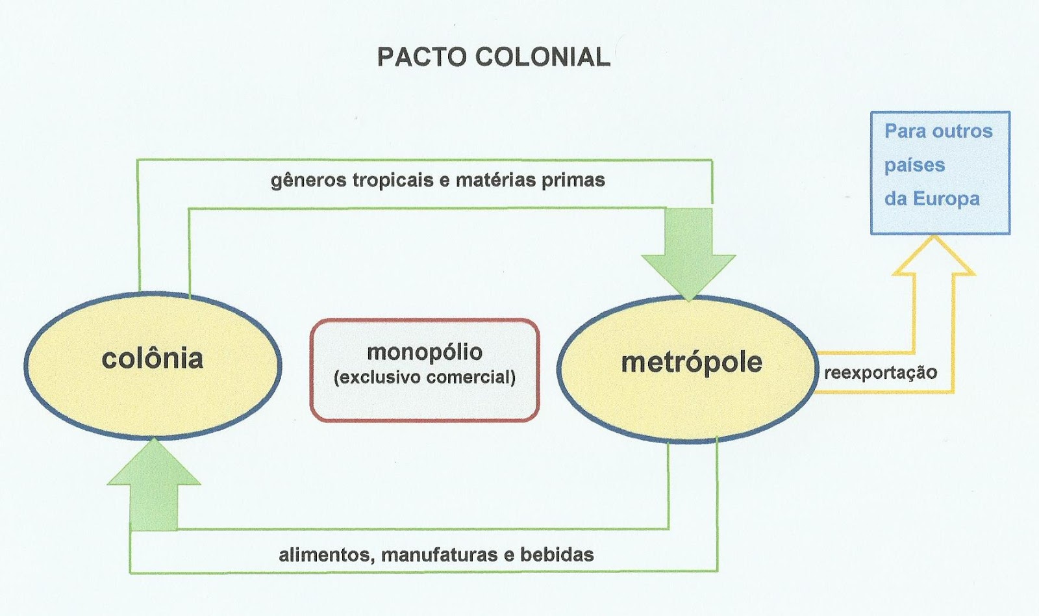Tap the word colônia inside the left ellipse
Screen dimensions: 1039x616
pos(153,359)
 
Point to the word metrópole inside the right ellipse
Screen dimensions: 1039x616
pos(692,363)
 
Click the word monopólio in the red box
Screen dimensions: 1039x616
pos(425,352)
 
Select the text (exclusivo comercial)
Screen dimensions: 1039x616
pos(425,378)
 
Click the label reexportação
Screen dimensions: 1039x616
pos(880,373)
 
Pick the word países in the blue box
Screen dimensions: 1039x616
pos(914,165)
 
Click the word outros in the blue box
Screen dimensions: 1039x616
pos(963,131)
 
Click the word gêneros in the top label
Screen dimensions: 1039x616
pos(308,181)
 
